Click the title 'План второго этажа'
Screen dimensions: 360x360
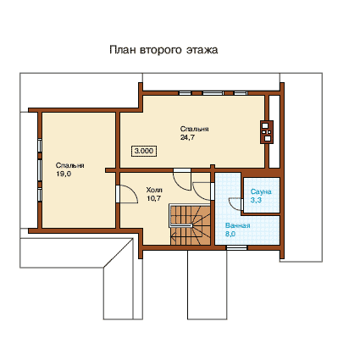pos(163,50)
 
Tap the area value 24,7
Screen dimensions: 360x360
pos(187,137)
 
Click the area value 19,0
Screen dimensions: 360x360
pos(64,174)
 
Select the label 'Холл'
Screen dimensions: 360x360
pos(154,190)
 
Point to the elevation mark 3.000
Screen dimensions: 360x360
pos(144,151)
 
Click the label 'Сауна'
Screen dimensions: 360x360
pos(261,191)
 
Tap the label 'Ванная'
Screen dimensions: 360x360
pos(238,225)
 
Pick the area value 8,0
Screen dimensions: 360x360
pos(230,234)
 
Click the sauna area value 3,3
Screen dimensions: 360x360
pos(256,200)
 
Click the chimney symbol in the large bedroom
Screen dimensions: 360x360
pos(267,132)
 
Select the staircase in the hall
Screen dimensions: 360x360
pos(190,224)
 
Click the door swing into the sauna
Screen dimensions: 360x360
pos(235,204)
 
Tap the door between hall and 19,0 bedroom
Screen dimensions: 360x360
pos(126,194)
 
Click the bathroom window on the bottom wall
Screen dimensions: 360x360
pos(236,247)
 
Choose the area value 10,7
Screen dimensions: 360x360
pos(154,198)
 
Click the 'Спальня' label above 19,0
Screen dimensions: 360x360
pos(70,165)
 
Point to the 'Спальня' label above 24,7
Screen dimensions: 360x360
pos(195,129)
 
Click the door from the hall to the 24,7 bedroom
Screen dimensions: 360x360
pos(182,180)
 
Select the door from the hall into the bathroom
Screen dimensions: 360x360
pos(202,191)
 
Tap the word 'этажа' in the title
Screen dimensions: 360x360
pos(202,50)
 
